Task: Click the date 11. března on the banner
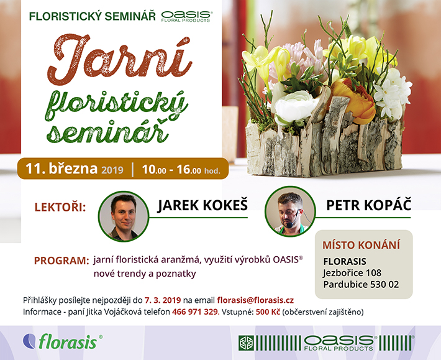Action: (61, 168)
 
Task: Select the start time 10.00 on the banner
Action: (154, 170)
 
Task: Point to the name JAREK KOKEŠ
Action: (202, 205)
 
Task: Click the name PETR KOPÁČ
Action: (368, 205)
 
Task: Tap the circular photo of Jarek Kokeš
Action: (124, 216)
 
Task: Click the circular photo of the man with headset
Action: (290, 211)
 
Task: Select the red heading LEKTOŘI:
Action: (60, 208)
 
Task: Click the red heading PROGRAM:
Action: (61, 261)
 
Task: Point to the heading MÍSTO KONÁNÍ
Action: (361, 245)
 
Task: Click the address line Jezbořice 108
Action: (352, 273)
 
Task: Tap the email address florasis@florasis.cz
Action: (255, 300)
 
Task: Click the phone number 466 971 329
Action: (195, 312)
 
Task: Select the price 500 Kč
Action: (268, 312)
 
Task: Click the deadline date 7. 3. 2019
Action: (163, 300)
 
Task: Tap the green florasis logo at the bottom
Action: (63, 341)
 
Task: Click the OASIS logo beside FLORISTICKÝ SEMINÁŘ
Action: (187, 16)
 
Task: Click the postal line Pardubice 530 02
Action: (361, 285)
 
